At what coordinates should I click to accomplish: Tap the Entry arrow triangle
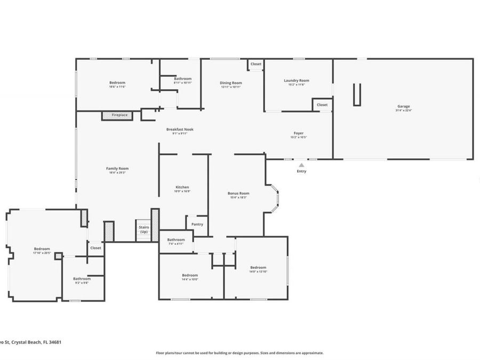(301, 165)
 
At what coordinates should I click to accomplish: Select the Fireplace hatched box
(116, 115)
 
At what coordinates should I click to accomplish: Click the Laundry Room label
(296, 81)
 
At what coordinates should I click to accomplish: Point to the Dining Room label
(230, 83)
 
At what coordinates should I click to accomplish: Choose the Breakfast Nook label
(179, 130)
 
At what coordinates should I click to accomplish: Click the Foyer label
(298, 133)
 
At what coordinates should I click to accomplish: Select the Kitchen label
(182, 187)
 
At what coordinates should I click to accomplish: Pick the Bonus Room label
(238, 194)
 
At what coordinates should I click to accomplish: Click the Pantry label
(197, 225)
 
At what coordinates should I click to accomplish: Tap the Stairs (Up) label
(144, 229)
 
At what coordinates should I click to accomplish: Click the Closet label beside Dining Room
(256, 64)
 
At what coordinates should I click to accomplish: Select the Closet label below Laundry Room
(322, 105)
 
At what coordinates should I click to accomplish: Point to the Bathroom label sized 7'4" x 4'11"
(175, 240)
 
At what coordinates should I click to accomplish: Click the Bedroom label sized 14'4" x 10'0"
(190, 275)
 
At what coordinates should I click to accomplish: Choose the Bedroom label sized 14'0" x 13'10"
(258, 268)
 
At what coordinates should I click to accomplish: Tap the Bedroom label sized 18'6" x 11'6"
(117, 83)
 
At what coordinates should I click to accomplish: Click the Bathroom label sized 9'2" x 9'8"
(82, 278)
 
